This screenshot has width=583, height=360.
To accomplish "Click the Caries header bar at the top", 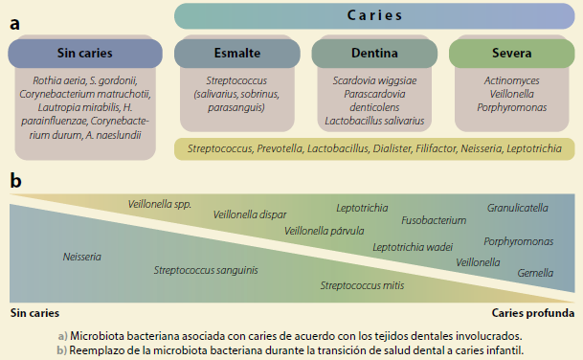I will [374, 16].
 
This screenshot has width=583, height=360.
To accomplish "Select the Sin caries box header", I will [84, 53].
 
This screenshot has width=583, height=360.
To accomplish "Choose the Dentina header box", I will [375, 53].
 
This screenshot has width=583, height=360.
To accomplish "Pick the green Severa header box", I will [511, 53].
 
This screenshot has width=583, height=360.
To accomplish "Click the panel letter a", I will [16, 23].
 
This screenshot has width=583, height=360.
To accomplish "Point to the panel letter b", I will [16, 179].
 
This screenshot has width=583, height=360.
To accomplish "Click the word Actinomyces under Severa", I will [511, 82].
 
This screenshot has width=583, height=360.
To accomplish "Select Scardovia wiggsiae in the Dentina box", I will [375, 82].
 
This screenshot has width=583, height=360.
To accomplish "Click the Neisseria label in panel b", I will [82, 257].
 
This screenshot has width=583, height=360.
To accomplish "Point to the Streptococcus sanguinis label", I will [206, 270].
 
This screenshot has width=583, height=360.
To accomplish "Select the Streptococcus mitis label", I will [362, 284].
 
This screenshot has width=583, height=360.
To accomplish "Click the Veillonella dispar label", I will [250, 214].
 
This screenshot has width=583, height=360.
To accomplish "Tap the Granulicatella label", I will [518, 207].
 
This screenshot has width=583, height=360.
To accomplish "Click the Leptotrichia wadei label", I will [413, 246].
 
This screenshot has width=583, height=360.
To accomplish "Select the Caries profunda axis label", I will [534, 312].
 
